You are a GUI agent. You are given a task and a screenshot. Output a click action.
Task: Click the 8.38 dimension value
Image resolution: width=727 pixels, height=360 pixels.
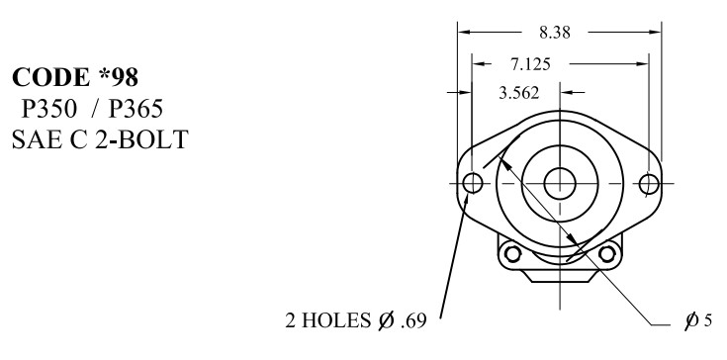coord(555,33)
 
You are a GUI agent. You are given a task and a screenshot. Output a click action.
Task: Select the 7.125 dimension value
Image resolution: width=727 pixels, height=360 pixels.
coord(530,64)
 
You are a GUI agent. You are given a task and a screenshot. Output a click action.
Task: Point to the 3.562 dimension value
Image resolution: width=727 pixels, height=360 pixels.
coord(519,93)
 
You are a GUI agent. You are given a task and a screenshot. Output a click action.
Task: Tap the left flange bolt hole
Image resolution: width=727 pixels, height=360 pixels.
coord(473,184)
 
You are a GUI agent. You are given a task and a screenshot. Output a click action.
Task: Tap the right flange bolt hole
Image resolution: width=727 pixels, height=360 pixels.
coord(649,184)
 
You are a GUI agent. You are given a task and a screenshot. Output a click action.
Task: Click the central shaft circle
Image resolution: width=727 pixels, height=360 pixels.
coord(560,184)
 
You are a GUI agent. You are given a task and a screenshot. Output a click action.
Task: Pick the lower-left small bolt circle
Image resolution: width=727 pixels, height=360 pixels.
coord(512,254)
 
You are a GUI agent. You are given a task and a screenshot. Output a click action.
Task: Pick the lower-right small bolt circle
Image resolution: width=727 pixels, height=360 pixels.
coord(607,254)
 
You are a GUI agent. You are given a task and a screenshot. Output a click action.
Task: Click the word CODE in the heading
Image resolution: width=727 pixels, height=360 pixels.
coord(50,77)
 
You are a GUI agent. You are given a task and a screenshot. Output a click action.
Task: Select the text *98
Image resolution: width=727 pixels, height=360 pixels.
coord(119,77)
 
